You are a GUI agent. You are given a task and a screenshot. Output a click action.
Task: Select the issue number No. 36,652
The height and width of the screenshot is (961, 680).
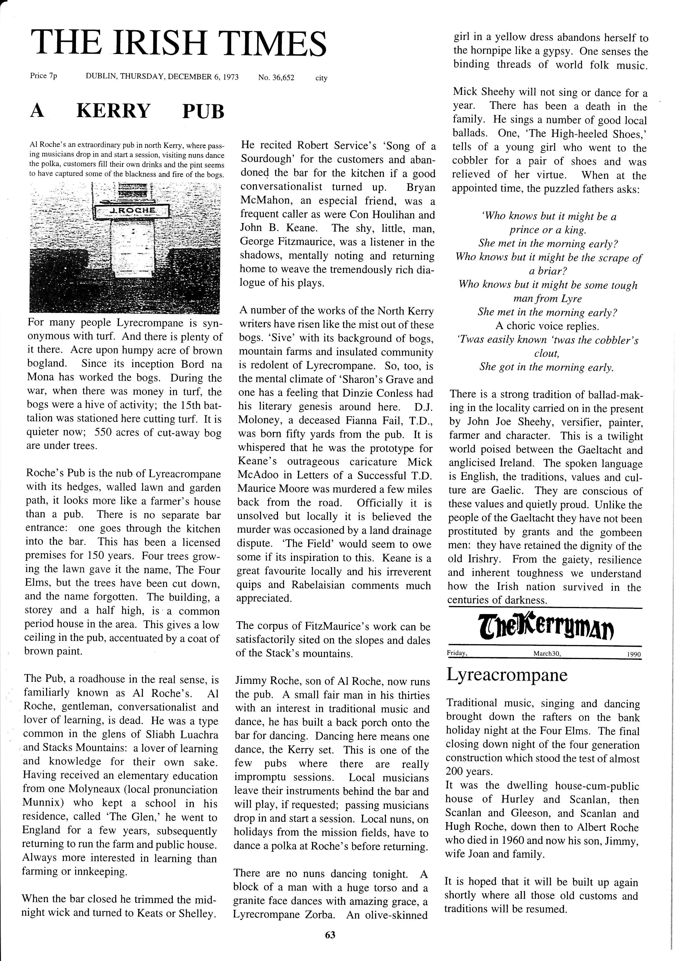point(276,78)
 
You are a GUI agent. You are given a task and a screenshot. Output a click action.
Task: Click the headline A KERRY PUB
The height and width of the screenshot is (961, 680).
point(127,111)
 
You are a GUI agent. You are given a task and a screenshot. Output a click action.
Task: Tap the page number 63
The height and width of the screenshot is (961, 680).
point(330,935)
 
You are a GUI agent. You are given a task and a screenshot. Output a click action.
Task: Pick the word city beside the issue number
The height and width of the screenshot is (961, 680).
point(321,78)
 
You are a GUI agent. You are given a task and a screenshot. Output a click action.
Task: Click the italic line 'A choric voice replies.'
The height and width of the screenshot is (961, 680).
point(547,326)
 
